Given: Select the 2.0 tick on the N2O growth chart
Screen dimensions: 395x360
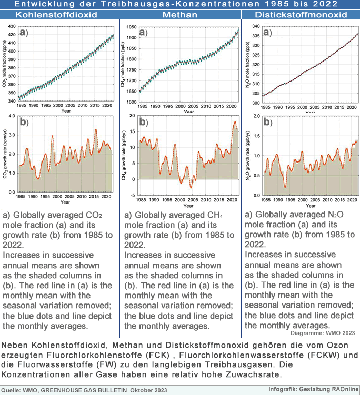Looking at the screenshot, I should coord(253,116).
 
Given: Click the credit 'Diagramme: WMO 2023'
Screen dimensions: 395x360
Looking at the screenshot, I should coord(323,333).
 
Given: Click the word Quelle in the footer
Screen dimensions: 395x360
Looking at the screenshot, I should coord(13,390).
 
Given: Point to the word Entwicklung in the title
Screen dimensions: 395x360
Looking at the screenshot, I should coord(44,4).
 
